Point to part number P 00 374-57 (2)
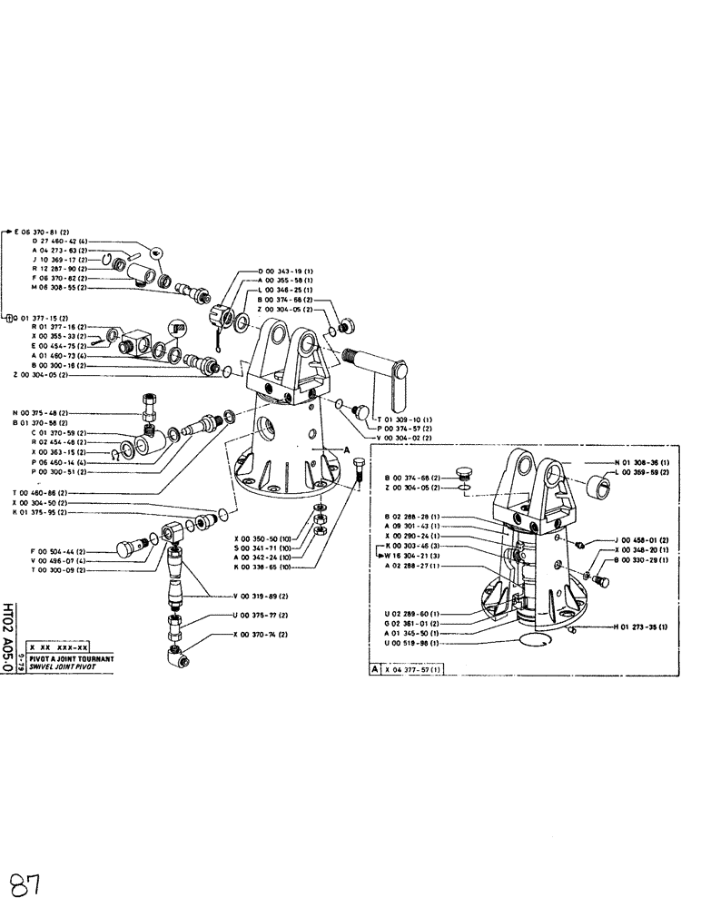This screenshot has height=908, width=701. pos(403,429)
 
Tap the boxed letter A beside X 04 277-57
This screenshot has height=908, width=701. pos(374,668)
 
